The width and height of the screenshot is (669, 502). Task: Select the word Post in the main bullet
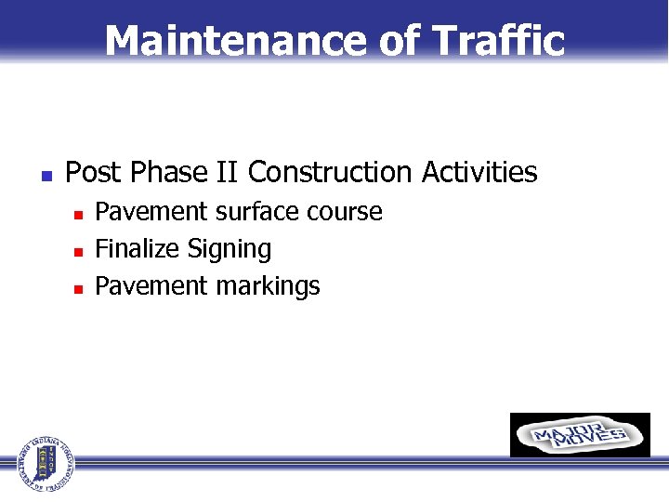click(95, 173)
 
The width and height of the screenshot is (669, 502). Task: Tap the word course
click(345, 212)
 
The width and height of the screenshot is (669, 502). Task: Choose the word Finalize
click(138, 249)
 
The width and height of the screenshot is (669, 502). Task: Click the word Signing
click(230, 250)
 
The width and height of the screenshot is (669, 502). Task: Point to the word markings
click(269, 287)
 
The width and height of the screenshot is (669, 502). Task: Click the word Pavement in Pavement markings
click(152, 286)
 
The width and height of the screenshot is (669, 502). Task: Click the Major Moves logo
click(580, 435)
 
